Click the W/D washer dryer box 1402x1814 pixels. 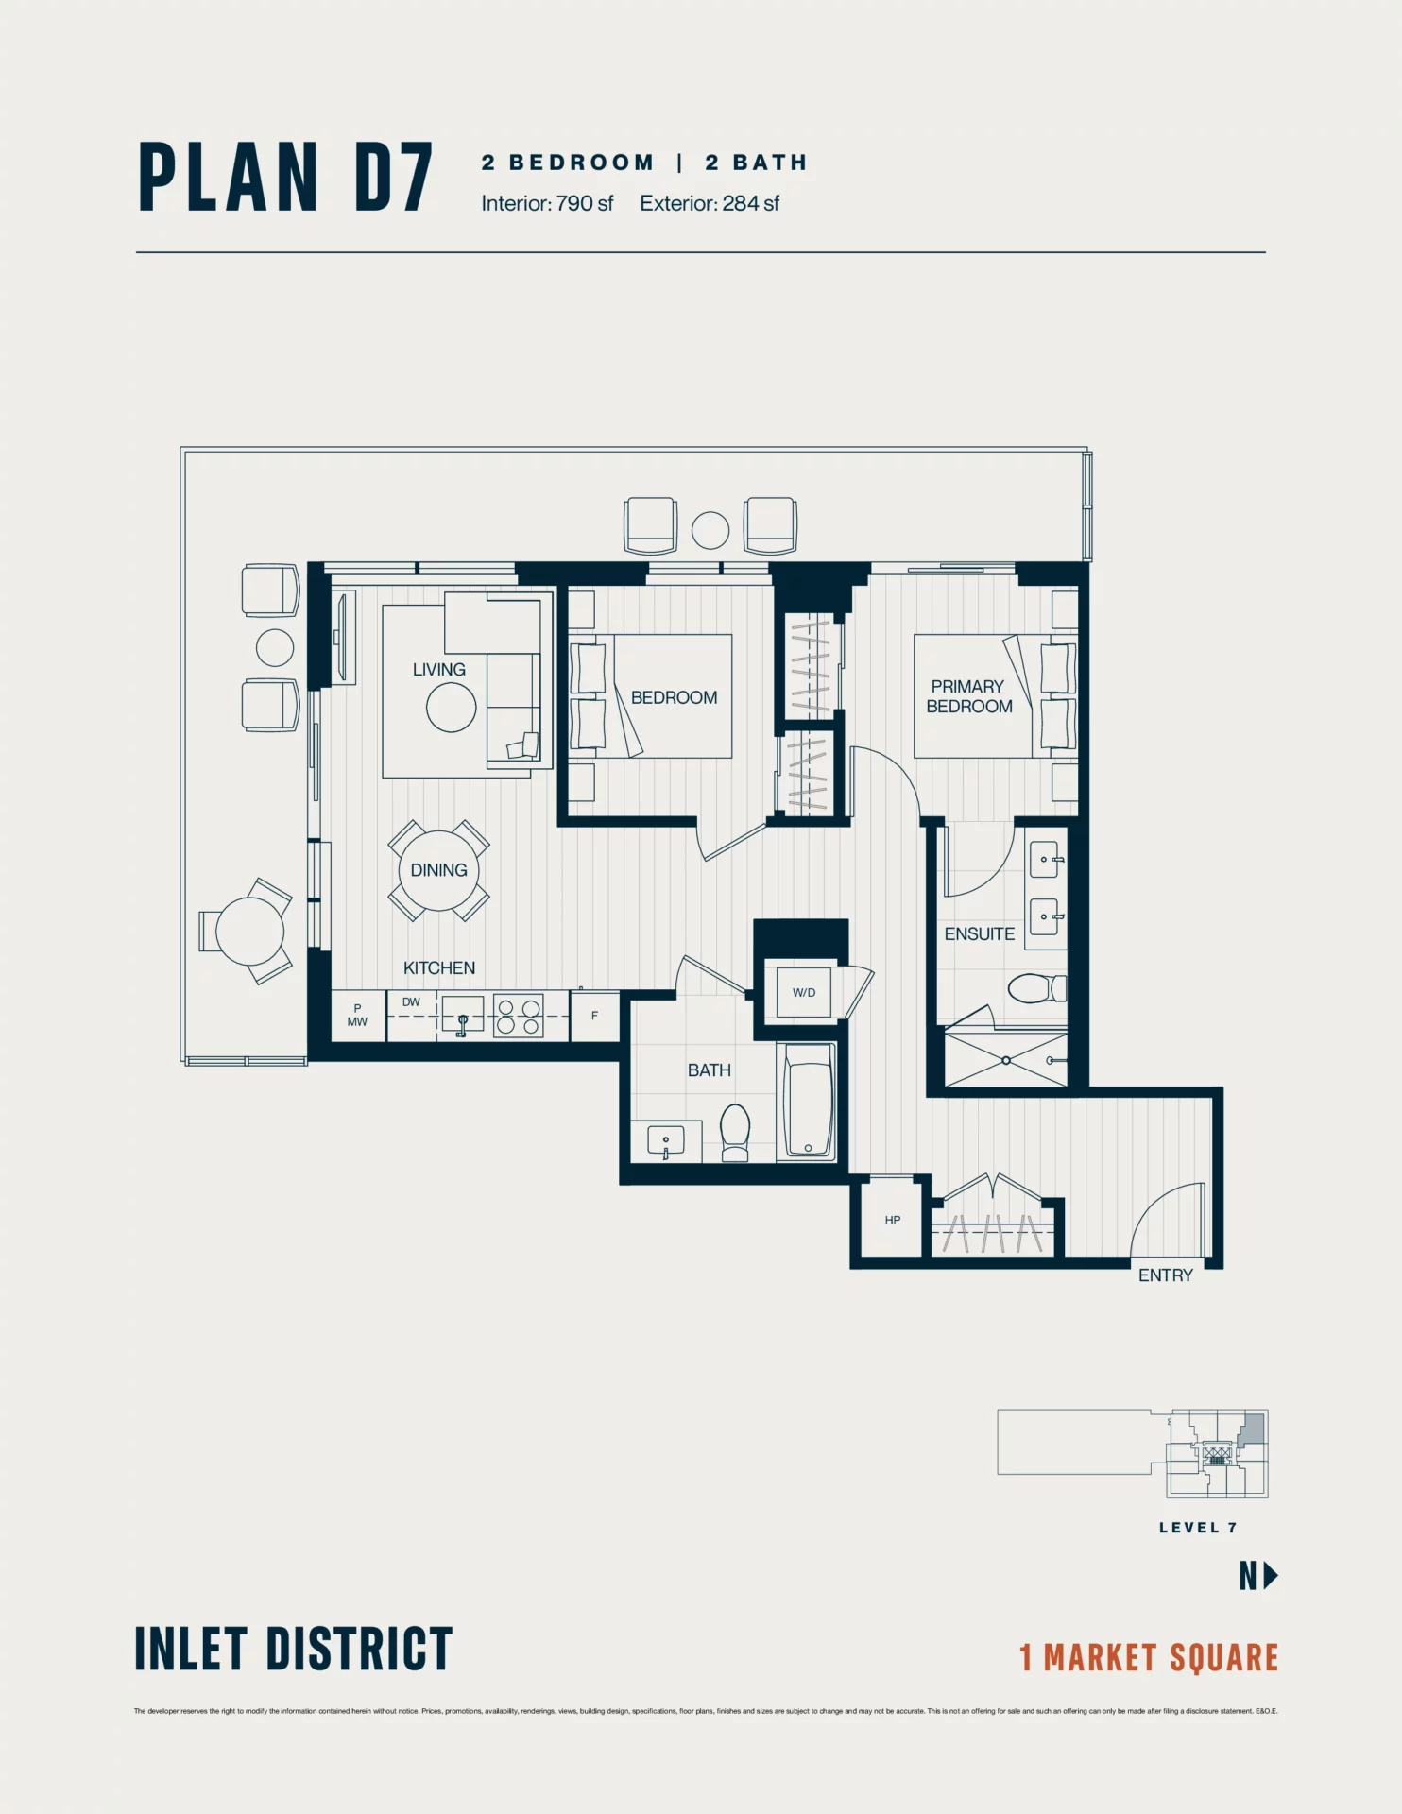(803, 992)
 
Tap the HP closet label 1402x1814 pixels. (892, 1220)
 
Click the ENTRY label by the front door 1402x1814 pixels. (1165, 1275)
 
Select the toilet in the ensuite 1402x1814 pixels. (1035, 988)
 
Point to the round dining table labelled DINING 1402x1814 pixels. (438, 870)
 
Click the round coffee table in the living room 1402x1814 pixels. (451, 707)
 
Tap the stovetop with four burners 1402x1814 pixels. (519, 1017)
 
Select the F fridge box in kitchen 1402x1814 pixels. (594, 1016)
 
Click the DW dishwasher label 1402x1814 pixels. (411, 1002)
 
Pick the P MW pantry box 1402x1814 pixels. (357, 1016)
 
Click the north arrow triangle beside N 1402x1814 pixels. (1271, 1575)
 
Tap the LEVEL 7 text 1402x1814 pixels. (1197, 1528)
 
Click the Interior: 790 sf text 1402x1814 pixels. (547, 203)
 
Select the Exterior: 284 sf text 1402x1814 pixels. (709, 203)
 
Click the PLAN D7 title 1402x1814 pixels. (285, 178)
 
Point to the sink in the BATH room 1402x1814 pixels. (665, 1141)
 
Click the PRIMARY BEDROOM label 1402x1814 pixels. (968, 696)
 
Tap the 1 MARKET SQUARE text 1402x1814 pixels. (1148, 1657)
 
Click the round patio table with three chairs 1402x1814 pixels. (249, 931)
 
